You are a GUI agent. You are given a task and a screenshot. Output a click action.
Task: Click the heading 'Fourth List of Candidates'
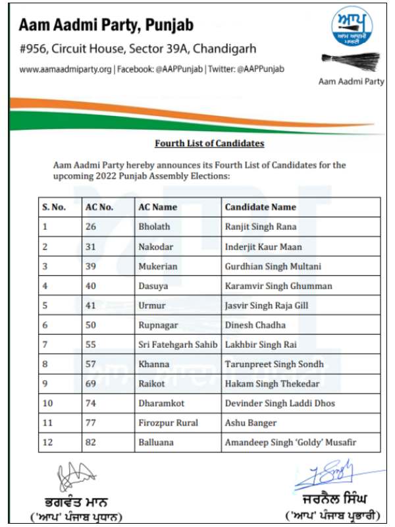tap(209, 143)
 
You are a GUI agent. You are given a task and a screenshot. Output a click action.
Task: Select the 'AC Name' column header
tap(157, 207)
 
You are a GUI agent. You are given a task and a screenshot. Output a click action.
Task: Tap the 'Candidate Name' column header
tap(261, 207)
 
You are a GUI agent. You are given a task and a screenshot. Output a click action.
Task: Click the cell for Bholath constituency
tap(153, 227)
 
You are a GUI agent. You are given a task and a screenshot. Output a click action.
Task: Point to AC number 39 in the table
tap(92, 266)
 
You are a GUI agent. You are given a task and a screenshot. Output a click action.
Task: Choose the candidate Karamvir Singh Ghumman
tap(278, 286)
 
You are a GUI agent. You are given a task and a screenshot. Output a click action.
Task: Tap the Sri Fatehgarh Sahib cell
tap(178, 345)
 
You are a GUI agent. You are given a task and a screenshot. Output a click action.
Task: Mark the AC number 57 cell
tap(92, 365)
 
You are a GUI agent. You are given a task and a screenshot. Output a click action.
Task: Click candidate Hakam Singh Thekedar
tap(272, 384)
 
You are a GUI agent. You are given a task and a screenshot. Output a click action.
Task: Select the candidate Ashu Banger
tap(250, 424)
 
